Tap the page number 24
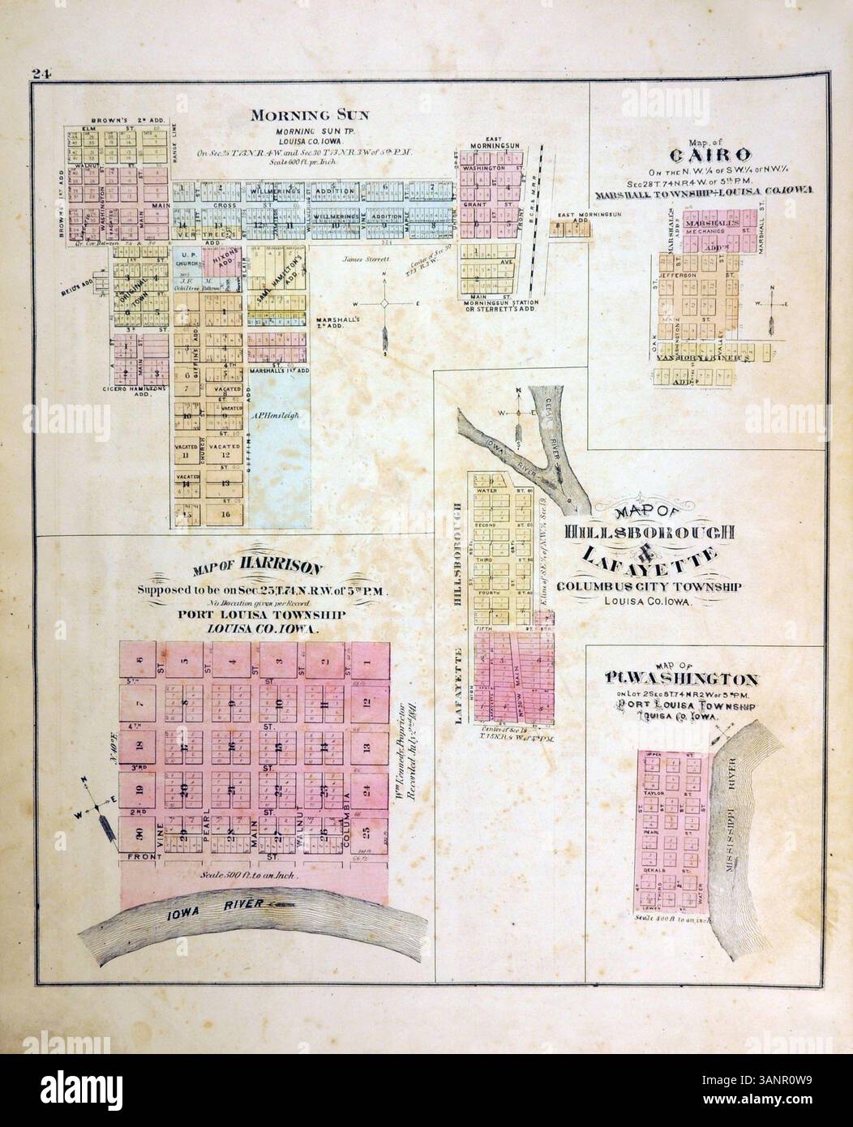coord(42,75)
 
